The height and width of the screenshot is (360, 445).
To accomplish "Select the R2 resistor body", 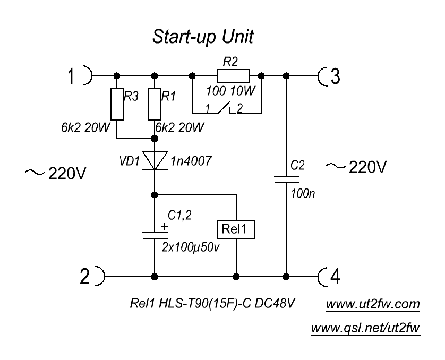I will click(232, 75).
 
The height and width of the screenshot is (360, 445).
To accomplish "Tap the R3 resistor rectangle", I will click(117, 105).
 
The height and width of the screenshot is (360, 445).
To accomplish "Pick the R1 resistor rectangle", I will click(154, 105).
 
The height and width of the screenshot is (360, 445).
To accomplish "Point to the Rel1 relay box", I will click(235, 229).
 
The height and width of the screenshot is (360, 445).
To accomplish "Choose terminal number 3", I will click(335, 76).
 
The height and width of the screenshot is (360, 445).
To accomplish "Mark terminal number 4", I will click(336, 277).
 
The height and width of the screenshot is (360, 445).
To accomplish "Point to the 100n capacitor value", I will click(303, 194).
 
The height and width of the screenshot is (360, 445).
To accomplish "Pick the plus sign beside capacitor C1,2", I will click(164, 226).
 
